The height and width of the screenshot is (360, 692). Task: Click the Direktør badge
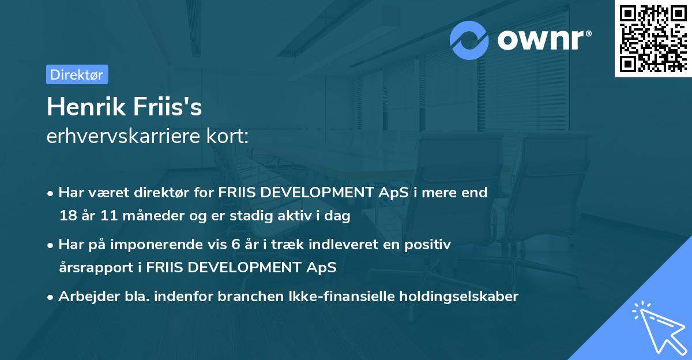77,74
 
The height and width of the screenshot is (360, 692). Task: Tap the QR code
652,38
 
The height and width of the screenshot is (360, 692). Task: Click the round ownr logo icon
469,40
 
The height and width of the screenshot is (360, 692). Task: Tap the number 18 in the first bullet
67,216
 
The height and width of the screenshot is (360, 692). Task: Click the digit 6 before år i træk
235,244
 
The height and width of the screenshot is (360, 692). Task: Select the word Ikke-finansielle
337,297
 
